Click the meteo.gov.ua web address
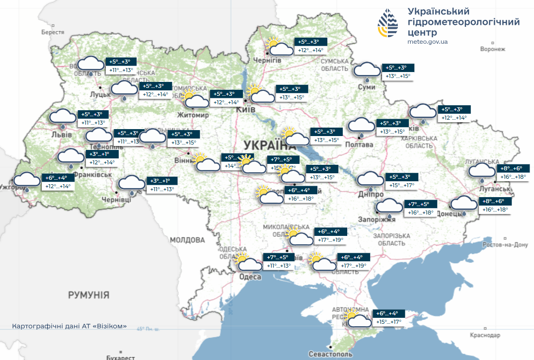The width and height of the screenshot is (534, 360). [427, 42]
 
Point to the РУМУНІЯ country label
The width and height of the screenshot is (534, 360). [88, 295]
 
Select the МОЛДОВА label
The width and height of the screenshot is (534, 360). [188, 240]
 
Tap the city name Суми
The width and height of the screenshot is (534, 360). [366, 87]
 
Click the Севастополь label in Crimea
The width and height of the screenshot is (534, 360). [330, 354]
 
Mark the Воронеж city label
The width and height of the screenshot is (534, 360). [493, 49]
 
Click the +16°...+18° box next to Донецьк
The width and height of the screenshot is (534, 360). [495, 210]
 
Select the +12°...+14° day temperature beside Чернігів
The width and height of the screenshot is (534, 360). [310, 50]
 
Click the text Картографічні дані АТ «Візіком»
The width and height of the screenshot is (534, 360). [69, 326]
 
